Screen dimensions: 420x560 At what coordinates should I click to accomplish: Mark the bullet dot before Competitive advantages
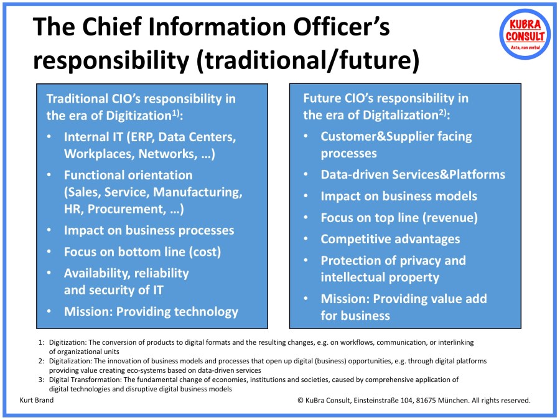[306, 240]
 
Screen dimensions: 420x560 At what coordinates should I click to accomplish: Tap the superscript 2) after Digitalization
[441, 113]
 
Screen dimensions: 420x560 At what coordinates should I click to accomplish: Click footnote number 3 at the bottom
[40, 380]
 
